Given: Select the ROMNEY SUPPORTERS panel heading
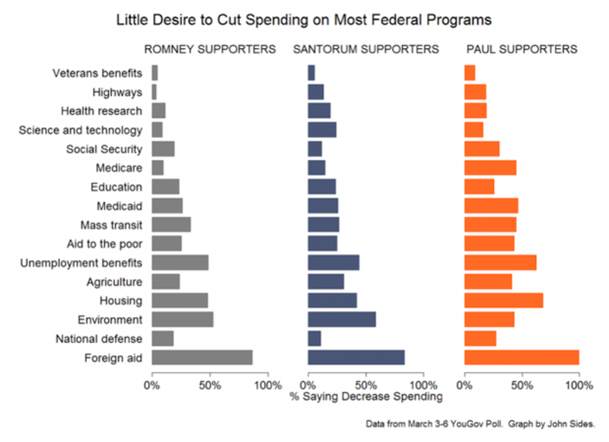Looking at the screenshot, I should (210, 50).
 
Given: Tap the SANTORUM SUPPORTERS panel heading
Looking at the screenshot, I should (366, 50).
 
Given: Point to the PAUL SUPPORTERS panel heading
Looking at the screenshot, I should (521, 50).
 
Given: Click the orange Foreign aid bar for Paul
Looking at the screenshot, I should (521, 357).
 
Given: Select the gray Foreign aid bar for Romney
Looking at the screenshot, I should (202, 357).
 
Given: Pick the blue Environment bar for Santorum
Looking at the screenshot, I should (342, 319).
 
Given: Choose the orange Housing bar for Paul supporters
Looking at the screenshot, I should (503, 300).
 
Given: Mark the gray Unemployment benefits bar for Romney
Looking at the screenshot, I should (180, 263).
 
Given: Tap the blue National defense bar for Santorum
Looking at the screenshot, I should (314, 338).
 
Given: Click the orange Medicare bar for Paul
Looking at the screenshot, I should (490, 168).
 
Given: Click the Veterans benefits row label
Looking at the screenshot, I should (97, 73).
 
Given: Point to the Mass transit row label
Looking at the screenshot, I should (111, 225).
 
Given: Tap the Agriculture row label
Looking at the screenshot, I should (114, 282).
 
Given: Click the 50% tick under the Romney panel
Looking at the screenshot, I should (210, 386).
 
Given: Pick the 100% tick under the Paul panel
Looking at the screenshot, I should (578, 386).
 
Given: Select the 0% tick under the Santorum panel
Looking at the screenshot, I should (308, 386).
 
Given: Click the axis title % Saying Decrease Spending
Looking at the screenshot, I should (366, 397).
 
